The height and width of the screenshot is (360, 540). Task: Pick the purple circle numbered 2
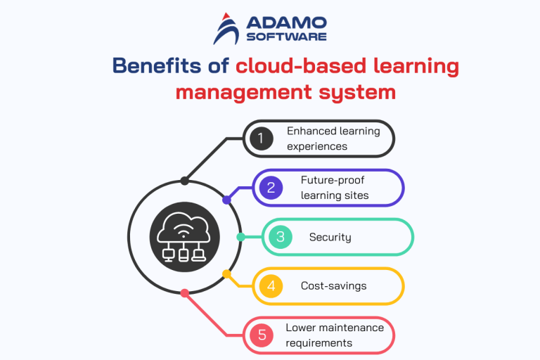click(271, 188)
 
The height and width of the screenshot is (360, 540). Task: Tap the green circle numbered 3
click(280, 237)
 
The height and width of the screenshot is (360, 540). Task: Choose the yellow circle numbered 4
click(271, 286)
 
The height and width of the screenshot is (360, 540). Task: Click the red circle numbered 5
click(261, 335)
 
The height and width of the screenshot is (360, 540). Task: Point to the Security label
click(330, 237)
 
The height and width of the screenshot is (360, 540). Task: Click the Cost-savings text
click(333, 286)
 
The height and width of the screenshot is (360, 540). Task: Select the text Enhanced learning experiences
click(333, 139)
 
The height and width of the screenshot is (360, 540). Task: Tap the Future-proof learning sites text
click(334, 188)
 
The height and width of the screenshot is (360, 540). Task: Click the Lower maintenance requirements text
click(335, 335)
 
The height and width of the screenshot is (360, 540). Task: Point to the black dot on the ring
click(184, 181)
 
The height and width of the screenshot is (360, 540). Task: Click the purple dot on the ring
click(226, 200)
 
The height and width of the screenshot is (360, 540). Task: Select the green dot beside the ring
click(240, 237)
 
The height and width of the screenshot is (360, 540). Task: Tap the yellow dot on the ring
click(226, 274)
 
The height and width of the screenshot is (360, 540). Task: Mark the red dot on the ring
click(184, 293)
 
